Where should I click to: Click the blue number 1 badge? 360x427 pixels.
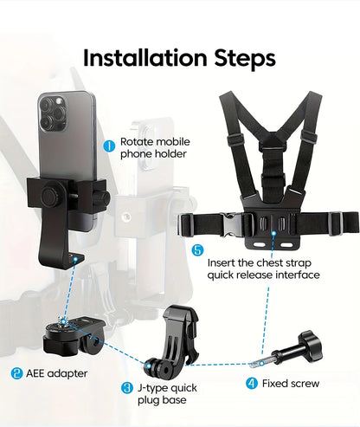pyautogui.click(x=109, y=146)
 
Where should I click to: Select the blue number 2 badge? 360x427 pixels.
pyautogui.click(x=16, y=374)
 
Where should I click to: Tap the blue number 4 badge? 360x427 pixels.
pyautogui.click(x=252, y=383)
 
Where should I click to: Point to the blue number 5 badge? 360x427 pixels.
pyautogui.click(x=198, y=250)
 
